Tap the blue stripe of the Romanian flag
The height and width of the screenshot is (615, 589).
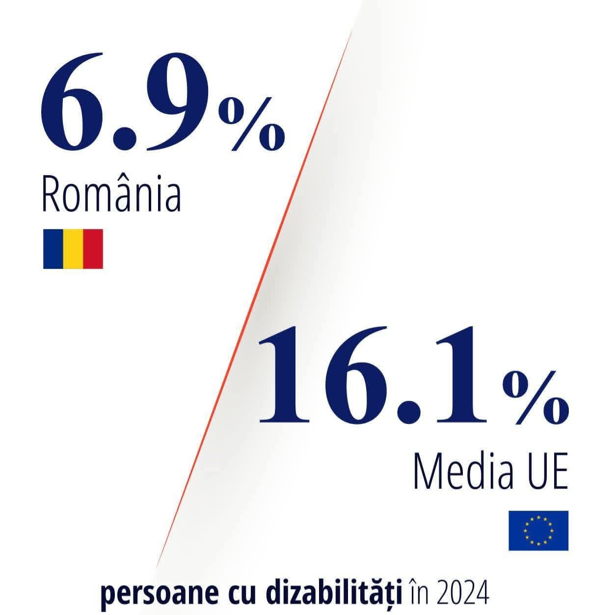[53, 249]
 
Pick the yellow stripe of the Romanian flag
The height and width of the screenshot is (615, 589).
[73, 249]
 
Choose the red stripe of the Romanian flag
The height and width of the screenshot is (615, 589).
[93, 249]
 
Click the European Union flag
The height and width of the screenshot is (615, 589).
[538, 531]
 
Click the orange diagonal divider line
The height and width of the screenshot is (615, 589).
[255, 294]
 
